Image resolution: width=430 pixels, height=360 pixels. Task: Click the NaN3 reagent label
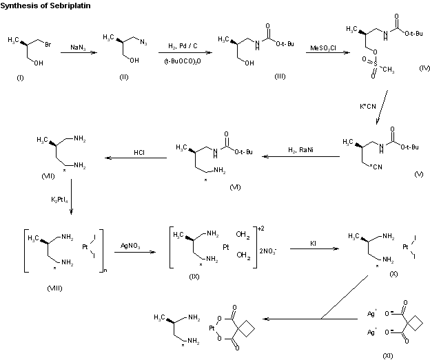[x=78, y=47]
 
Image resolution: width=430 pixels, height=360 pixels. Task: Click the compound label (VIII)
[x=51, y=288]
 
